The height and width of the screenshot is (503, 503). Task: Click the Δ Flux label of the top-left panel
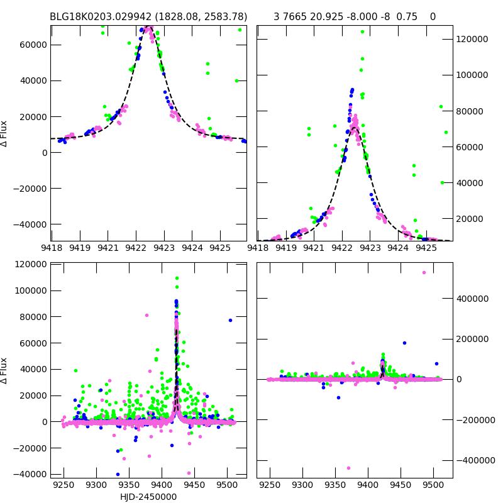coord(5,133)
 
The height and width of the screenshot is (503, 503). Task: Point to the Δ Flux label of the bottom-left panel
coord(5,370)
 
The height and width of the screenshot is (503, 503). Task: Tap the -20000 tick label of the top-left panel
coord(30,189)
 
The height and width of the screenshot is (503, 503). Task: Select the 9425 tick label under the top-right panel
coord(427,248)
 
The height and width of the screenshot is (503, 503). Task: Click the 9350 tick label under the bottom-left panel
coord(129,485)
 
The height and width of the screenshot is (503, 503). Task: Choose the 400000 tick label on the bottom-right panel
coord(473,298)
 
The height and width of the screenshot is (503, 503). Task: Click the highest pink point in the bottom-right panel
coord(424,272)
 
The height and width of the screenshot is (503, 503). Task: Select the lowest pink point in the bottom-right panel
coord(348,468)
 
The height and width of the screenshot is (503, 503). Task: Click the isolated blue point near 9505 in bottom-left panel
coord(230,320)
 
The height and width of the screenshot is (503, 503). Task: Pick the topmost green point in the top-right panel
coord(362,31)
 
